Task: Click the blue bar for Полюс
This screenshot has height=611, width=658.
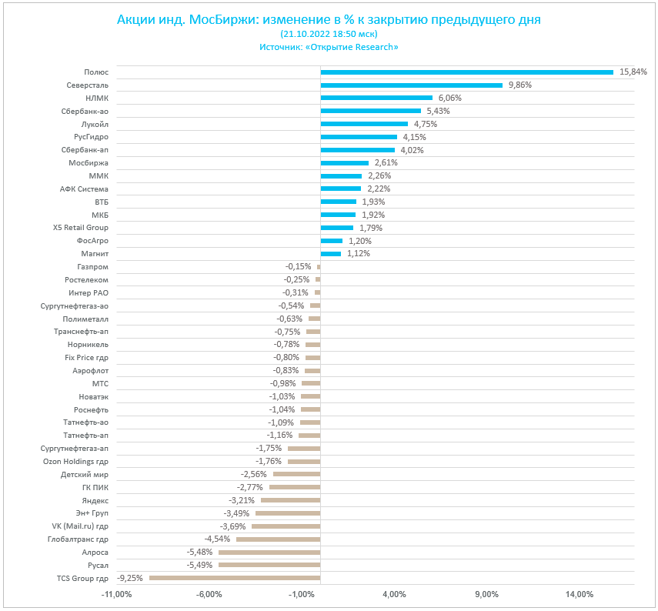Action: (x=466, y=72)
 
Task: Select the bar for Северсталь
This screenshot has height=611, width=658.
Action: (x=411, y=85)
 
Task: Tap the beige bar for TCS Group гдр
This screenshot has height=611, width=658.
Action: (x=235, y=578)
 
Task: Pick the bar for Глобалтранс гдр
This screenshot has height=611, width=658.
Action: (x=278, y=539)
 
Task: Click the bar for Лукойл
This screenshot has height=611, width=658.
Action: (x=364, y=124)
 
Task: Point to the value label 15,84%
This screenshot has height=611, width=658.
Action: (x=633, y=72)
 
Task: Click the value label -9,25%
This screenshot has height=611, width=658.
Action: (x=130, y=578)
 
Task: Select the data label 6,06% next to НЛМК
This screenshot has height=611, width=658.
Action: (x=449, y=98)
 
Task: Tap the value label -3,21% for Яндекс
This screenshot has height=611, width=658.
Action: (x=241, y=500)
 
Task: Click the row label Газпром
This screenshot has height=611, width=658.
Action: (x=94, y=266)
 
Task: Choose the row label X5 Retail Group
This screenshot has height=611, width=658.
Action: (x=81, y=228)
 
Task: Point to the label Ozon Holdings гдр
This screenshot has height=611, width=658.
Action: (x=75, y=461)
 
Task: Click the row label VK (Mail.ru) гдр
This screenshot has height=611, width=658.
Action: (x=80, y=526)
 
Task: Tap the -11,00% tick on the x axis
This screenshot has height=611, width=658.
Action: (x=116, y=594)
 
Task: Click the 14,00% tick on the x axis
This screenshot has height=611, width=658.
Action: (x=580, y=594)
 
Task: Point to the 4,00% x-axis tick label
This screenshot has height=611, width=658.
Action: (x=394, y=594)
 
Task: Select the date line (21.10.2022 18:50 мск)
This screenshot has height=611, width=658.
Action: (x=329, y=34)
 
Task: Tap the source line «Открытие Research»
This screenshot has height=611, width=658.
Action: (x=329, y=47)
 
